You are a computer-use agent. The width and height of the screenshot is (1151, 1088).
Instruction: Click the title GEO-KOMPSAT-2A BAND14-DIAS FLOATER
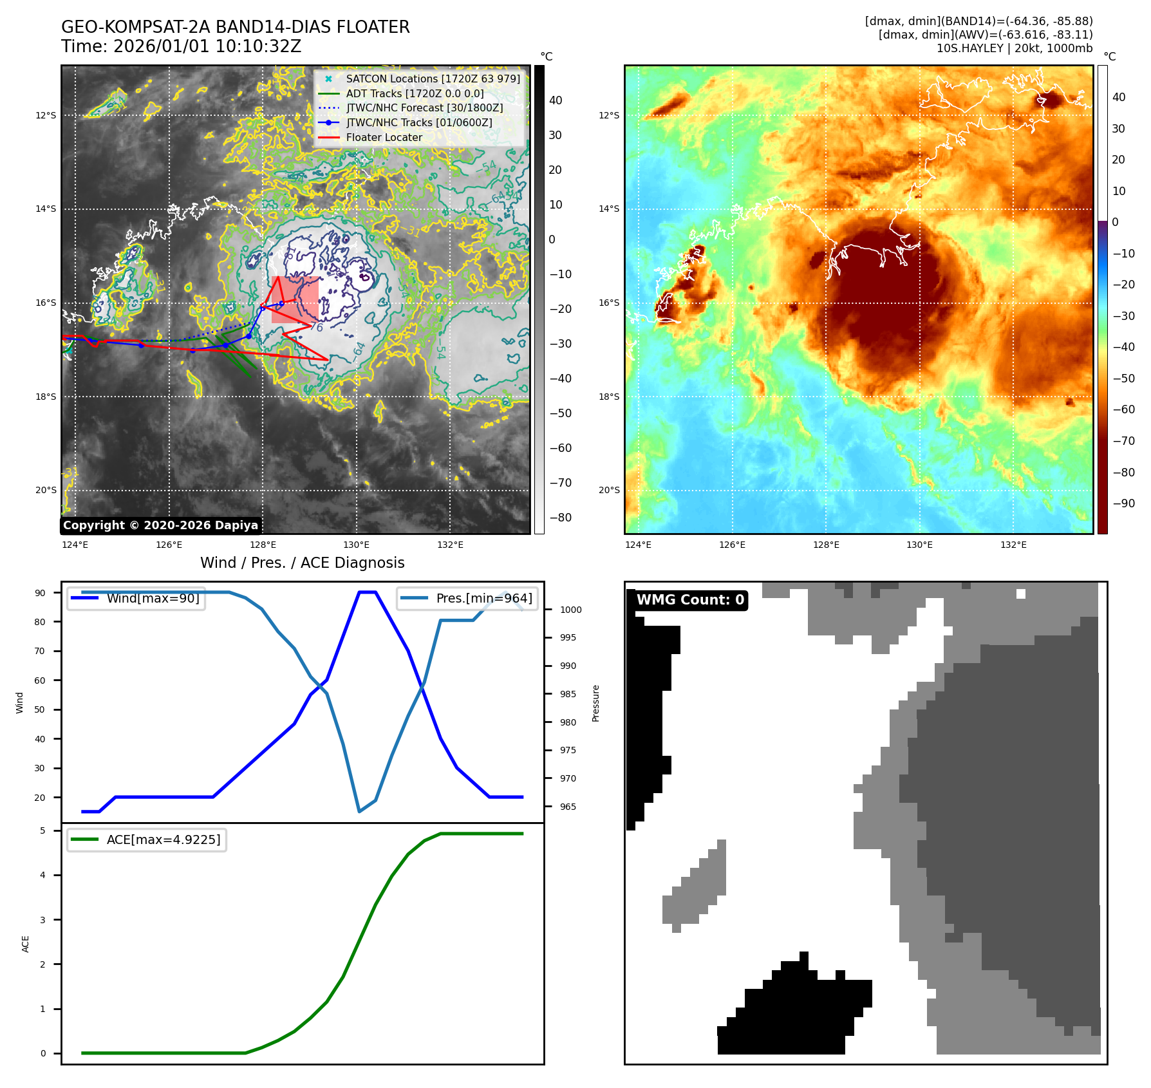pos(235,27)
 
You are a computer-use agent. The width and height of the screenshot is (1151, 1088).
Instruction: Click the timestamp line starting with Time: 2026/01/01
pos(181,46)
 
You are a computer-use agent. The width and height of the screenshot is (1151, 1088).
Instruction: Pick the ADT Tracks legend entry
pos(415,93)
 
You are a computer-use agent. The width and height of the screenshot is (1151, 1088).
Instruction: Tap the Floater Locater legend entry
pos(384,137)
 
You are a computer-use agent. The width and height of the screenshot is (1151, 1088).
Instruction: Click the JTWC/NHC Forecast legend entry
pos(424,108)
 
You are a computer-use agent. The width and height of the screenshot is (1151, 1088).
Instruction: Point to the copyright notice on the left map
pos(160,525)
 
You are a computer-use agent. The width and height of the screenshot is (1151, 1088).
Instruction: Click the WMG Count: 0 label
pos(690,600)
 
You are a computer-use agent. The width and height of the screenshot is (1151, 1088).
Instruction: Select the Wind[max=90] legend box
pos(136,598)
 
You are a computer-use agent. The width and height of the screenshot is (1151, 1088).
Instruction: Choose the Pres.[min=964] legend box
pos(467,598)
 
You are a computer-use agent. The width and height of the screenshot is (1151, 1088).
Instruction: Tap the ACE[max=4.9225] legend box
pos(147,839)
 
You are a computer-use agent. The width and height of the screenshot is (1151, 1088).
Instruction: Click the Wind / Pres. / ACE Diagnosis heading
pos(302,563)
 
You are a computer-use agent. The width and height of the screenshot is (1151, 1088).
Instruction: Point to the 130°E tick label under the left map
pos(356,545)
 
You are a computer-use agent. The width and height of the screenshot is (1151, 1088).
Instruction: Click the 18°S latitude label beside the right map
pos(609,397)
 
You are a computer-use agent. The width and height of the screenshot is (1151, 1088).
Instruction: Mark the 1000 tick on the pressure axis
pos(570,610)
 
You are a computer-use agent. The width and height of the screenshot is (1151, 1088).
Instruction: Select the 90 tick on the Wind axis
pos(41,593)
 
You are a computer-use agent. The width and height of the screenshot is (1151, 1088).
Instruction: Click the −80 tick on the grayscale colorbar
pos(560,518)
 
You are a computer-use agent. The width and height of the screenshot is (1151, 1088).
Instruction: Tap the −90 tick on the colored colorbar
pos(1124,503)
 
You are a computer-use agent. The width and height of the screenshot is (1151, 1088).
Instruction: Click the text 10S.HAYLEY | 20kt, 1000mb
pos(1014,48)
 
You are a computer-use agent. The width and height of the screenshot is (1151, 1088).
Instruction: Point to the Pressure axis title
pos(596,703)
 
